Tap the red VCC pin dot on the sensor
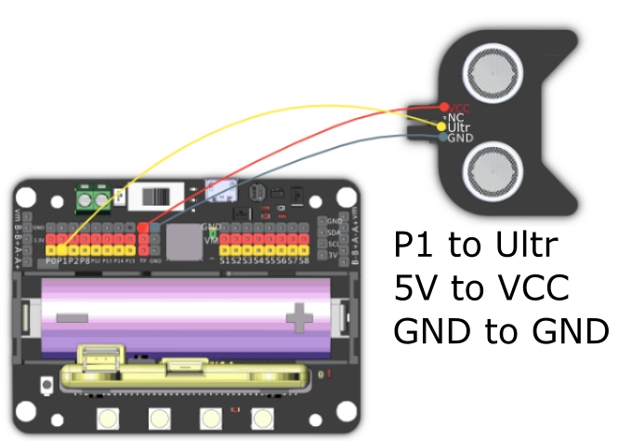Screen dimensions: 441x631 point(443,107)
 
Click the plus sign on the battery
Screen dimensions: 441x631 point(299,318)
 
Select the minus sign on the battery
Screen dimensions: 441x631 point(71,318)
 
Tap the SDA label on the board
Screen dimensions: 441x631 point(335,232)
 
